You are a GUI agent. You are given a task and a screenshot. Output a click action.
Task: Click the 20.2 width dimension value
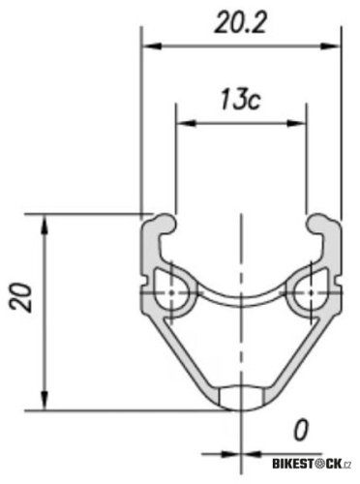pos(242,25)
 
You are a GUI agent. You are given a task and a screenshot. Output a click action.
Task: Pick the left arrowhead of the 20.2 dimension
pos(147,45)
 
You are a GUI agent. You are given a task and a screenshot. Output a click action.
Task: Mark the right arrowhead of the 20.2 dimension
pos(337,45)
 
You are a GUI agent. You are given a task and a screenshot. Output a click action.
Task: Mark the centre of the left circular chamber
pos(173,289)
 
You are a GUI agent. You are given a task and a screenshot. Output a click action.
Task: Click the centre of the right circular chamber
pos(310,289)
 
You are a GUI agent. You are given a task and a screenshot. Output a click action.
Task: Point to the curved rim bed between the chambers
pos(242,296)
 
